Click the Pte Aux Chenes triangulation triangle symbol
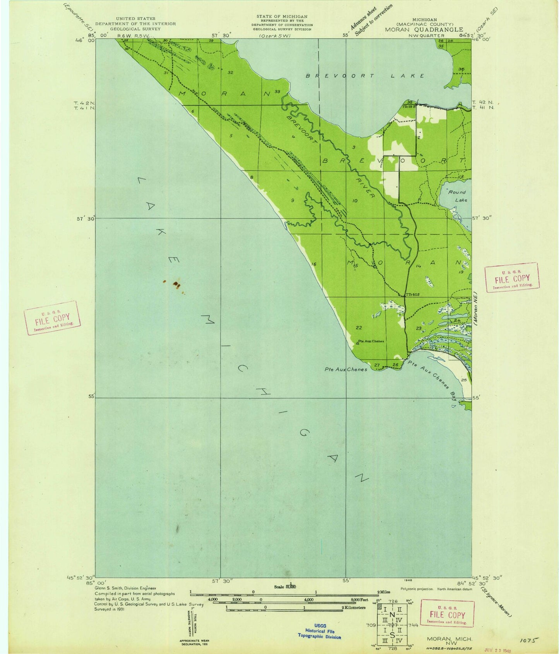(357, 343)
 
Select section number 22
(359, 328)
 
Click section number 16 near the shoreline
(314, 264)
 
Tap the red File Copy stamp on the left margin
(52, 318)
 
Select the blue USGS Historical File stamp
(320, 631)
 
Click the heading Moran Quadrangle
(424, 29)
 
